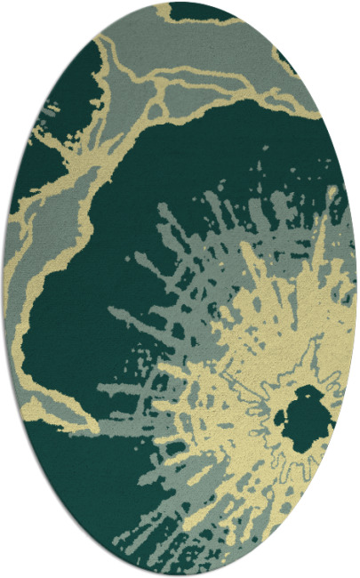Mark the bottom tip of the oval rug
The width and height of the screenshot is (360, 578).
[180, 574]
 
